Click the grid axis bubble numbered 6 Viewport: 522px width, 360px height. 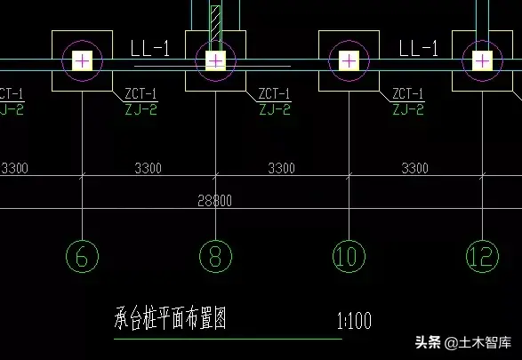pos(82,257)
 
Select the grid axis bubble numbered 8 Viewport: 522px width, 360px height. pos(214,257)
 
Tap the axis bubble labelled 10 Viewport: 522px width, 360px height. pos(349,257)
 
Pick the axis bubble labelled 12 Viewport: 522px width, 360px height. pos(482,257)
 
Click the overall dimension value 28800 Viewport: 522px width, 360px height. pos(214,201)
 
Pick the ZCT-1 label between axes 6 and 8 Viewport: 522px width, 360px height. pos(141,92)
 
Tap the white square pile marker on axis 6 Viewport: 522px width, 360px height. pos(82,60)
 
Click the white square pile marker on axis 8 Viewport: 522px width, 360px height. pos(214,60)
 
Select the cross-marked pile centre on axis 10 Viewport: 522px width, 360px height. pos(349,60)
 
